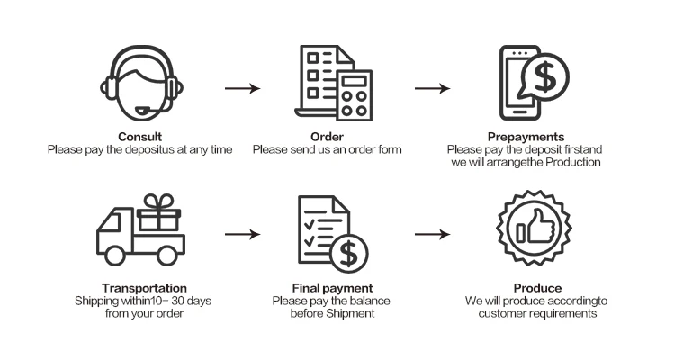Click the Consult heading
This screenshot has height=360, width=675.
pos(139,137)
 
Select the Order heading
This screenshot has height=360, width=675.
pos(327,137)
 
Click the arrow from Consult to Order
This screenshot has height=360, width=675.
pos(241,88)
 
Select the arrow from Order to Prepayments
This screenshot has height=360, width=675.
pos(432,88)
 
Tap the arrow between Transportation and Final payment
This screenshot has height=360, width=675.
pos(241,234)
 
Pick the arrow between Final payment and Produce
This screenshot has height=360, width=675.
pos(432,234)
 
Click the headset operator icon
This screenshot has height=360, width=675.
pos(139,81)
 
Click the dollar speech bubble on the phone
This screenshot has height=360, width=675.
pos(544,77)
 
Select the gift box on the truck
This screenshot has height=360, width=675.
pos(158,212)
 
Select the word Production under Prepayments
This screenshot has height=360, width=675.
pos(571,161)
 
